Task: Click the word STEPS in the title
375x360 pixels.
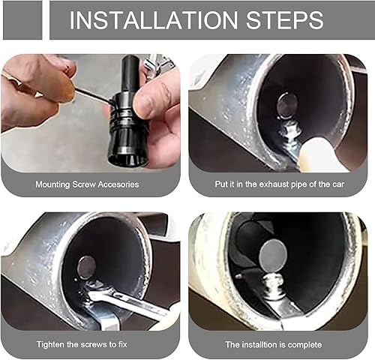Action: click(288, 20)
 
